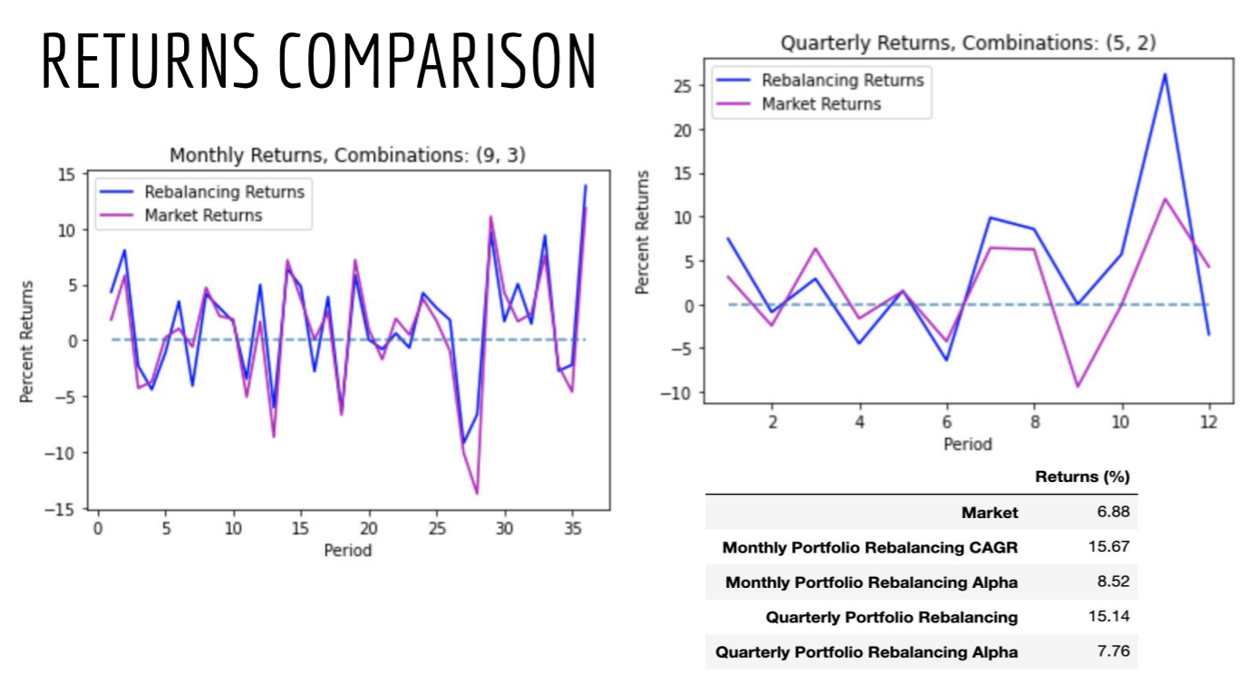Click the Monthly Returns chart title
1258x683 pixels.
pyautogui.click(x=347, y=156)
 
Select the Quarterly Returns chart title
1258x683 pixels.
pyautogui.click(x=968, y=43)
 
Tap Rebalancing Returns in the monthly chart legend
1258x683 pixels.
pyautogui.click(x=224, y=192)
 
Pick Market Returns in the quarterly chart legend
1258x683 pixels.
pyautogui.click(x=821, y=104)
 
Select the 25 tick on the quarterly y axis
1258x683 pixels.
pyautogui.click(x=682, y=86)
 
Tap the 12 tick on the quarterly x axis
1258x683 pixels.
pyautogui.click(x=1208, y=423)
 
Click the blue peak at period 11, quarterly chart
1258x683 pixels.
pyautogui.click(x=1165, y=74)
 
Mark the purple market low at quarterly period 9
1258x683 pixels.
pyautogui.click(x=1078, y=387)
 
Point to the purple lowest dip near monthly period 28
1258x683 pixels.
pyautogui.click(x=477, y=493)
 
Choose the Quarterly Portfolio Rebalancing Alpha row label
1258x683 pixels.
pyautogui.click(x=866, y=652)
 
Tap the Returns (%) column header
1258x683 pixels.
pyautogui.click(x=1082, y=477)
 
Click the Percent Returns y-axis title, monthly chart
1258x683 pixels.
pyautogui.click(x=28, y=341)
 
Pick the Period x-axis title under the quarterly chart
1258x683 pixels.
pyautogui.click(x=968, y=445)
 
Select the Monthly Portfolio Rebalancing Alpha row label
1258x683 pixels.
pyautogui.click(x=871, y=582)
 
